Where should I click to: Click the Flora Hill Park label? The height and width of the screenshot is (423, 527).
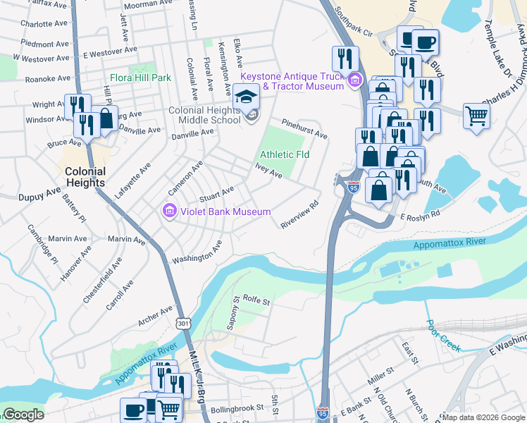(140, 78)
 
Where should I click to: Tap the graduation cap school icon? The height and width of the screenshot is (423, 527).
(247, 96)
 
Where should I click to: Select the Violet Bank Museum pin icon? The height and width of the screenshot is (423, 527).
(168, 211)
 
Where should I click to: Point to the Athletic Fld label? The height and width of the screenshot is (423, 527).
(285, 154)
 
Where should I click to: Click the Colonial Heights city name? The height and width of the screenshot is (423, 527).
(85, 177)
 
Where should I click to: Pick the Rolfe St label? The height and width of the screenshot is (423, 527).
(256, 301)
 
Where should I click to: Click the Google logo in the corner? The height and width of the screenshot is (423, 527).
(23, 415)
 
